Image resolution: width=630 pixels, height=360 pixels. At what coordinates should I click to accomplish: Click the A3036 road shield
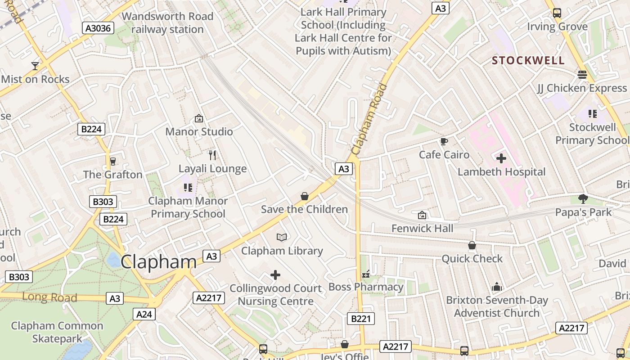[x=99, y=28]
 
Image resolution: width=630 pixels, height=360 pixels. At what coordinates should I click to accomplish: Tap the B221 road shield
[x=360, y=319]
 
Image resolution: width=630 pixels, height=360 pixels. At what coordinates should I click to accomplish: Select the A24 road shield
[x=144, y=314]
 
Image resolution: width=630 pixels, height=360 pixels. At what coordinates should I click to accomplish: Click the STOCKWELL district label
[x=528, y=61]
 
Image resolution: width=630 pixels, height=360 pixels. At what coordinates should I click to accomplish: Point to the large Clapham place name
[x=158, y=262]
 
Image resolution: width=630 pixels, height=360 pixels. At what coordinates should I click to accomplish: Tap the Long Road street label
[x=49, y=297]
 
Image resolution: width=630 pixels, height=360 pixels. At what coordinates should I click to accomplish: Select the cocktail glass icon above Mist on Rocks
[x=35, y=66]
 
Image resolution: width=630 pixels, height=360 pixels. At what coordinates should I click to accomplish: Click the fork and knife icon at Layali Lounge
[x=212, y=155]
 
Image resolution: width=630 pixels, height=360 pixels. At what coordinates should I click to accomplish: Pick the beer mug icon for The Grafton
[x=112, y=161]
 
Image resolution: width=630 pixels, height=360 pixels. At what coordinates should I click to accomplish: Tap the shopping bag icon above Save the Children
[x=304, y=196]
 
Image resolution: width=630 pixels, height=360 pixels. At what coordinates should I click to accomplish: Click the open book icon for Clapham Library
[x=282, y=237]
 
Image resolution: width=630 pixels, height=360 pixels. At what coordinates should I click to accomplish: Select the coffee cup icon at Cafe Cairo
[x=444, y=142]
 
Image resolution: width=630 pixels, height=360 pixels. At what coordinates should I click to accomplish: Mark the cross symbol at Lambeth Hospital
[x=501, y=158]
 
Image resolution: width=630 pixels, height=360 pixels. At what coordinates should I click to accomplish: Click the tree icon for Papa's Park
[x=583, y=198]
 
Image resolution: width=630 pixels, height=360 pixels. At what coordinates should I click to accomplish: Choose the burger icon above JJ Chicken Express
[x=582, y=75]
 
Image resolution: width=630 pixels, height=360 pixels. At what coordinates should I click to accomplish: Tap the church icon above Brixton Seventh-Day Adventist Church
[x=496, y=287]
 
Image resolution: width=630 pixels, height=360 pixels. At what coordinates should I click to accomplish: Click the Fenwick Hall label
[x=422, y=228]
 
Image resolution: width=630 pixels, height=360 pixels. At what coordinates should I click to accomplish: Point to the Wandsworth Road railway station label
[x=167, y=23]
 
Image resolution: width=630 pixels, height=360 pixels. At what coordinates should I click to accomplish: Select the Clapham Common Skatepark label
[x=57, y=332]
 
